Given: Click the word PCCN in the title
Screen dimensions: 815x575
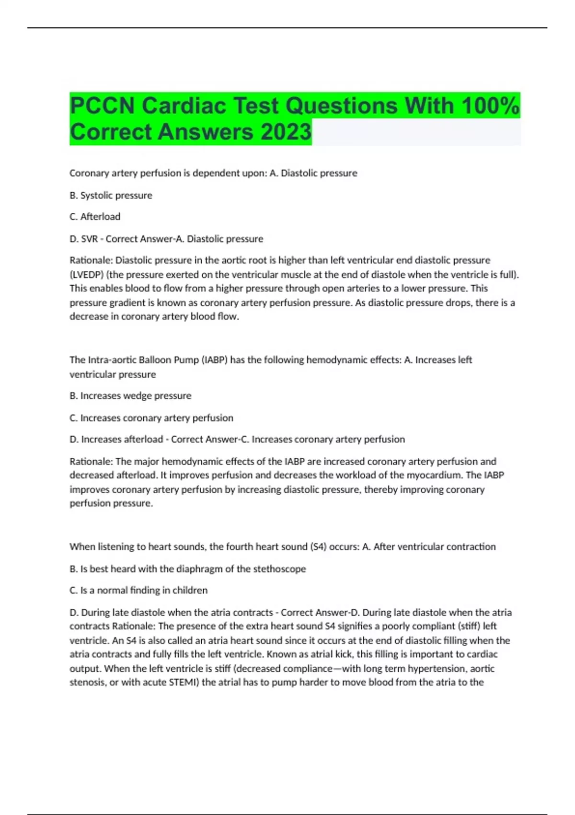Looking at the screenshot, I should [102, 106].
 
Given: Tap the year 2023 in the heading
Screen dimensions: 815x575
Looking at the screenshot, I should [286, 132].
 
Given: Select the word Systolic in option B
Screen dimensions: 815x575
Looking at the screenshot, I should [97, 195].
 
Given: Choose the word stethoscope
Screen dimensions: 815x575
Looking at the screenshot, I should [280, 569].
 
